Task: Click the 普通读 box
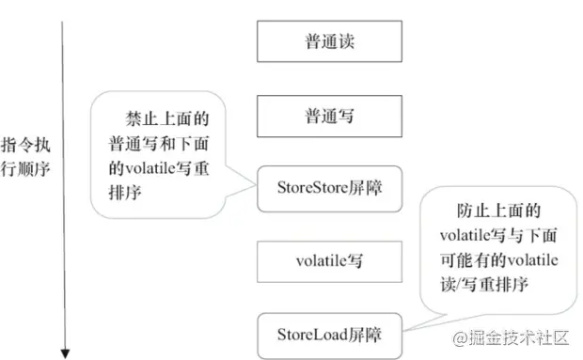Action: [330, 43]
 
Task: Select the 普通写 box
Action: [330, 116]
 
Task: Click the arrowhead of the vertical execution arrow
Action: [65, 352]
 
